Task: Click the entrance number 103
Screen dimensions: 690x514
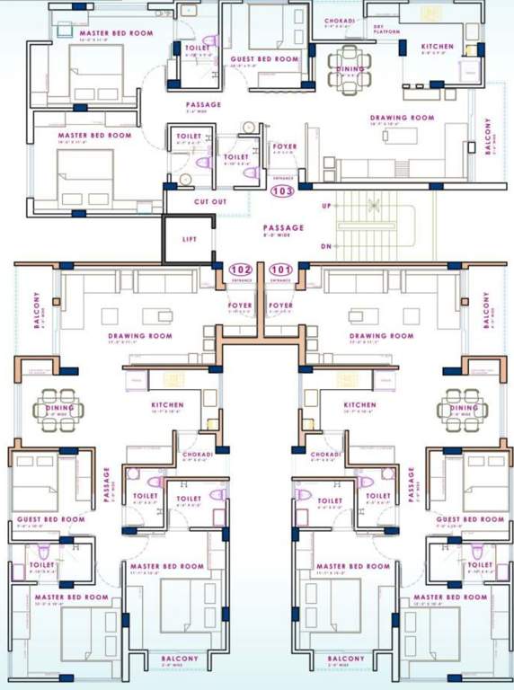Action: pyautogui.click(x=282, y=191)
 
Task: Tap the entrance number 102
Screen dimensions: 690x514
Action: pyautogui.click(x=240, y=269)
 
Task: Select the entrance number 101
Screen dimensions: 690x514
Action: pyautogui.click(x=281, y=269)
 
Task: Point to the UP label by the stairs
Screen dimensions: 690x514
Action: pyautogui.click(x=326, y=206)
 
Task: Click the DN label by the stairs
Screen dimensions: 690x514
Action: pyautogui.click(x=326, y=245)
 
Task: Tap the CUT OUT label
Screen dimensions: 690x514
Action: pyautogui.click(x=208, y=202)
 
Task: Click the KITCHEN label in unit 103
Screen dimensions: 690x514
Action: pyautogui.click(x=439, y=46)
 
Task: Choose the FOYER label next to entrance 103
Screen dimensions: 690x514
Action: pyautogui.click(x=284, y=146)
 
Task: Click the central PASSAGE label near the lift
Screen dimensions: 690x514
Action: pyautogui.click(x=283, y=227)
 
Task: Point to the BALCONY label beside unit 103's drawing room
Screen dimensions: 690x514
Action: pyautogui.click(x=488, y=136)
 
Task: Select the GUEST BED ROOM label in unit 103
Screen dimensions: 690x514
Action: pyautogui.click(x=264, y=59)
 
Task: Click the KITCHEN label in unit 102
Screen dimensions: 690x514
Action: pyautogui.click(x=167, y=405)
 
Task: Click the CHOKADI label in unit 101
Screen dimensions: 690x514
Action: pyautogui.click(x=325, y=455)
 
